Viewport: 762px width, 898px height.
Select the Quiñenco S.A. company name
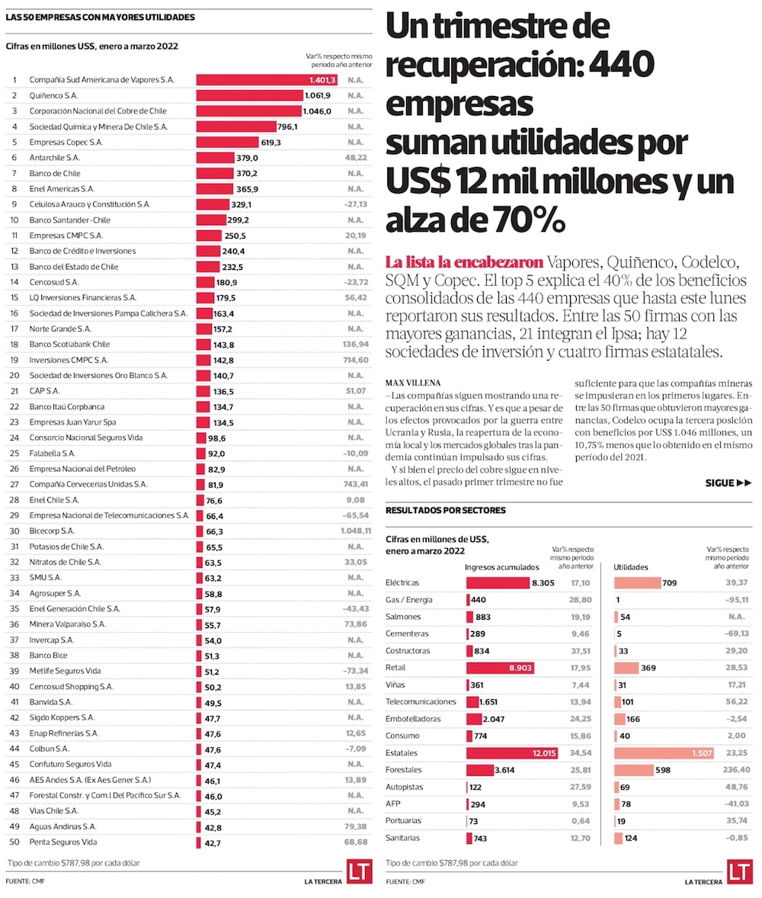53,95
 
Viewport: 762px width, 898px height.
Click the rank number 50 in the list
14,842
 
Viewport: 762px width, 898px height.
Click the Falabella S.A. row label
53,453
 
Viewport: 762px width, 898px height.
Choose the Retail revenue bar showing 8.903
500,668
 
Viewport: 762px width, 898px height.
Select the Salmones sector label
405,617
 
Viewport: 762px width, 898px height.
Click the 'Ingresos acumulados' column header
496,567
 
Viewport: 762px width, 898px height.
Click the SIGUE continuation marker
728,483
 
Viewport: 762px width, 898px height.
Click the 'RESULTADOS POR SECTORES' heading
445,510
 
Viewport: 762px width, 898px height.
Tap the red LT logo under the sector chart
738,872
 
